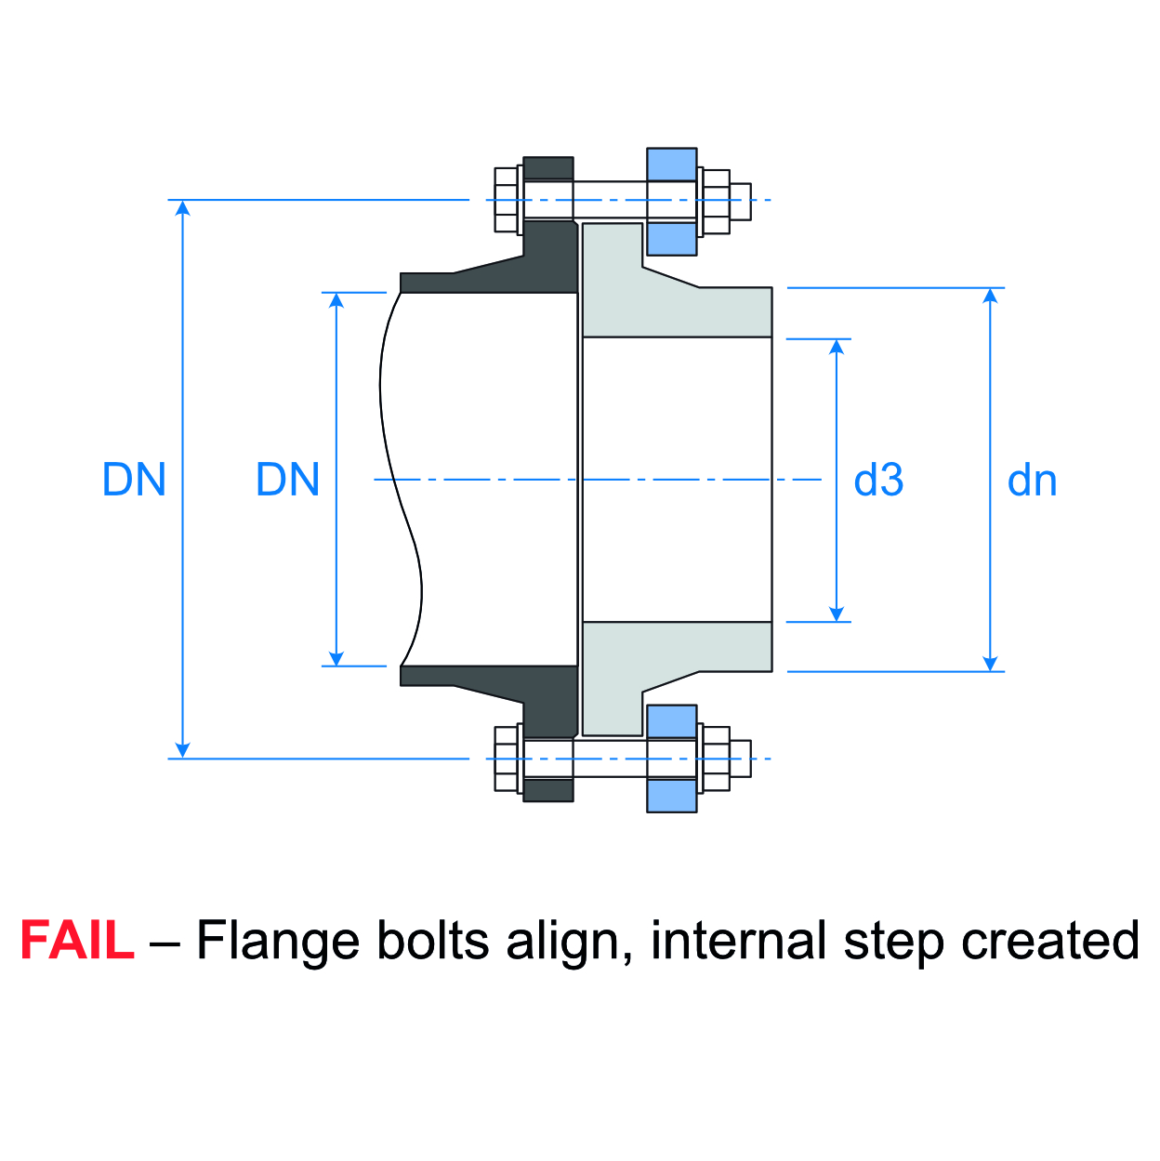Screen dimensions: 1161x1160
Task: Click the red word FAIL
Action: (x=76, y=941)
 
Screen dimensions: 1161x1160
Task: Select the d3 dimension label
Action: (x=878, y=481)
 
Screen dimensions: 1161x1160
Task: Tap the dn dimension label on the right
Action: (x=1032, y=481)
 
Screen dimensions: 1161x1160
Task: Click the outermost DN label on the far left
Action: (x=134, y=481)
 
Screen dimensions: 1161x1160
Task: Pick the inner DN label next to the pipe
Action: (x=287, y=481)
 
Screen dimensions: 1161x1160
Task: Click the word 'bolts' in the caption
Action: (x=432, y=941)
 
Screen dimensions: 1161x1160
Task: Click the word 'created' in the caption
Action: (x=1049, y=941)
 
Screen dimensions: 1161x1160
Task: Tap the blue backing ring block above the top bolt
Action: (x=671, y=164)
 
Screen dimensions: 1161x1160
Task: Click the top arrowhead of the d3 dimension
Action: (x=837, y=346)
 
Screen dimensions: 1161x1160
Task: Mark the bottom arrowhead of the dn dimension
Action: (x=990, y=663)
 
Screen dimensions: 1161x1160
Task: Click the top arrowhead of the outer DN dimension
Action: (x=183, y=207)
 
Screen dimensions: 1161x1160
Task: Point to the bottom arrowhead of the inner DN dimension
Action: (x=336, y=658)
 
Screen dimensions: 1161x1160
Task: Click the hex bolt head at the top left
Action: (x=507, y=200)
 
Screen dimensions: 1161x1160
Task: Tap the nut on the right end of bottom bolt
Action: (x=716, y=759)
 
